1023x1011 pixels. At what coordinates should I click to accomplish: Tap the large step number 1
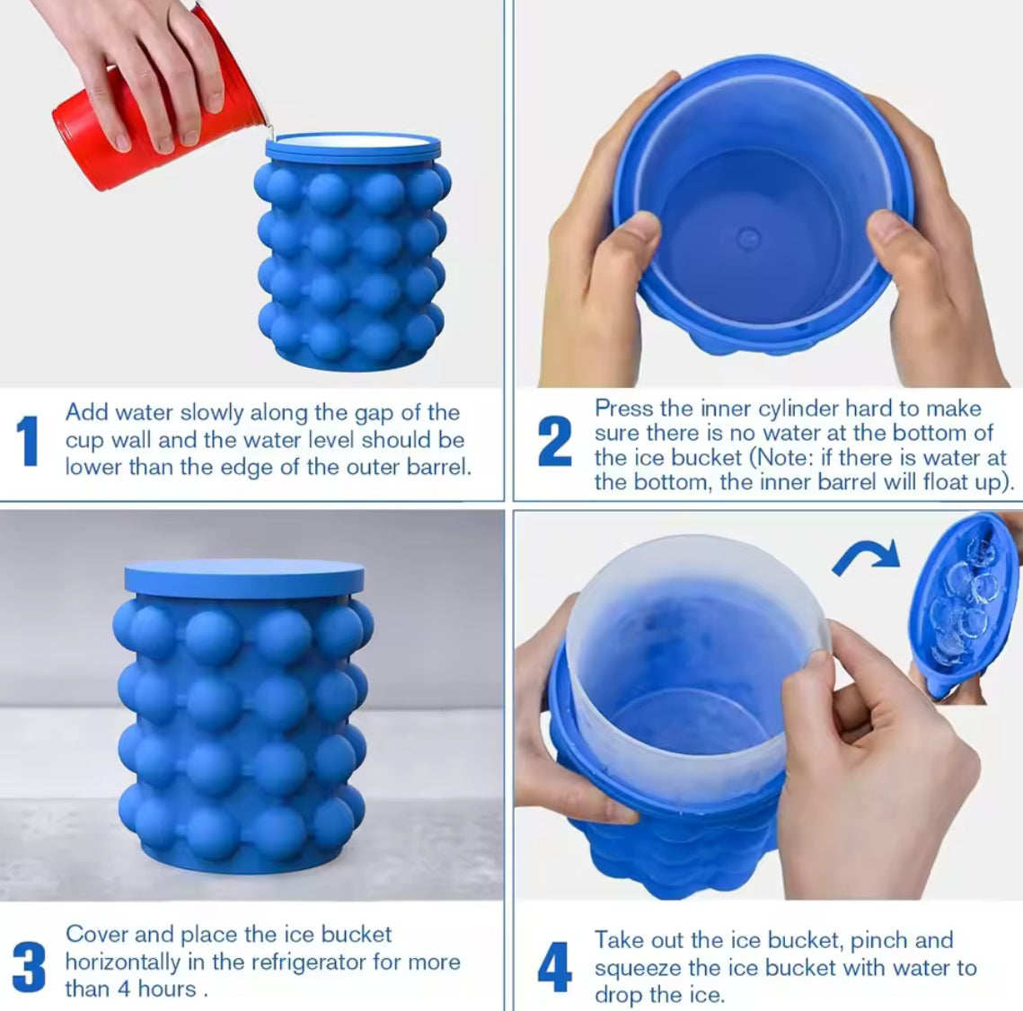29,441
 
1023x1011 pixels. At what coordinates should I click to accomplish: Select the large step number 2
554,442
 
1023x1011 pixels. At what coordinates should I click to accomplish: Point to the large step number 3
29,966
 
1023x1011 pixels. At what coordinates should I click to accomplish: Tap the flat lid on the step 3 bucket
244,578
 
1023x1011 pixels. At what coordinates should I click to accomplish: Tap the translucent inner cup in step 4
692,646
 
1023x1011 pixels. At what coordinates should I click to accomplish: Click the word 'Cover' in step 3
96,935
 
